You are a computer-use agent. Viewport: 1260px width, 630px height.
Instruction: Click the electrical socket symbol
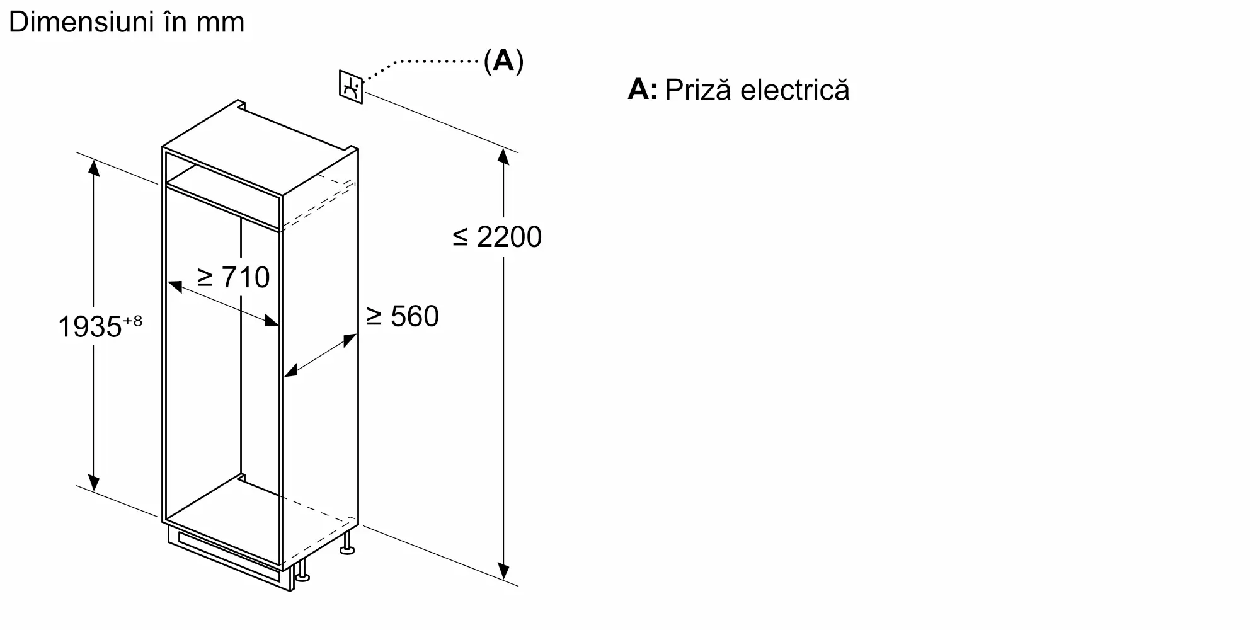(351, 87)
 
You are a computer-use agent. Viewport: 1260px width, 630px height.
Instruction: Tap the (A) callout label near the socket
(503, 60)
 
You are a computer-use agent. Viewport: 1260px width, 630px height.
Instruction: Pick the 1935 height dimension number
(89, 327)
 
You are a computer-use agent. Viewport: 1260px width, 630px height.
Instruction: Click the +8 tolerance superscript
(133, 321)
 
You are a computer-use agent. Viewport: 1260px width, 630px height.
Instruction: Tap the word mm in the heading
(220, 23)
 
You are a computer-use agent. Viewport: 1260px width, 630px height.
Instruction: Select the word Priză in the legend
(698, 89)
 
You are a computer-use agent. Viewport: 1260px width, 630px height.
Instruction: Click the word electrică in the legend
(795, 89)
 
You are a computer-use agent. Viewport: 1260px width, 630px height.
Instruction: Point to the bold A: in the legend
(642, 89)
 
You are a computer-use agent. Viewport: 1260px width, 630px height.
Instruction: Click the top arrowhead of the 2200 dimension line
(503, 156)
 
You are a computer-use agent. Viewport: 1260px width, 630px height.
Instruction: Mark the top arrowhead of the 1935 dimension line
(94, 168)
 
